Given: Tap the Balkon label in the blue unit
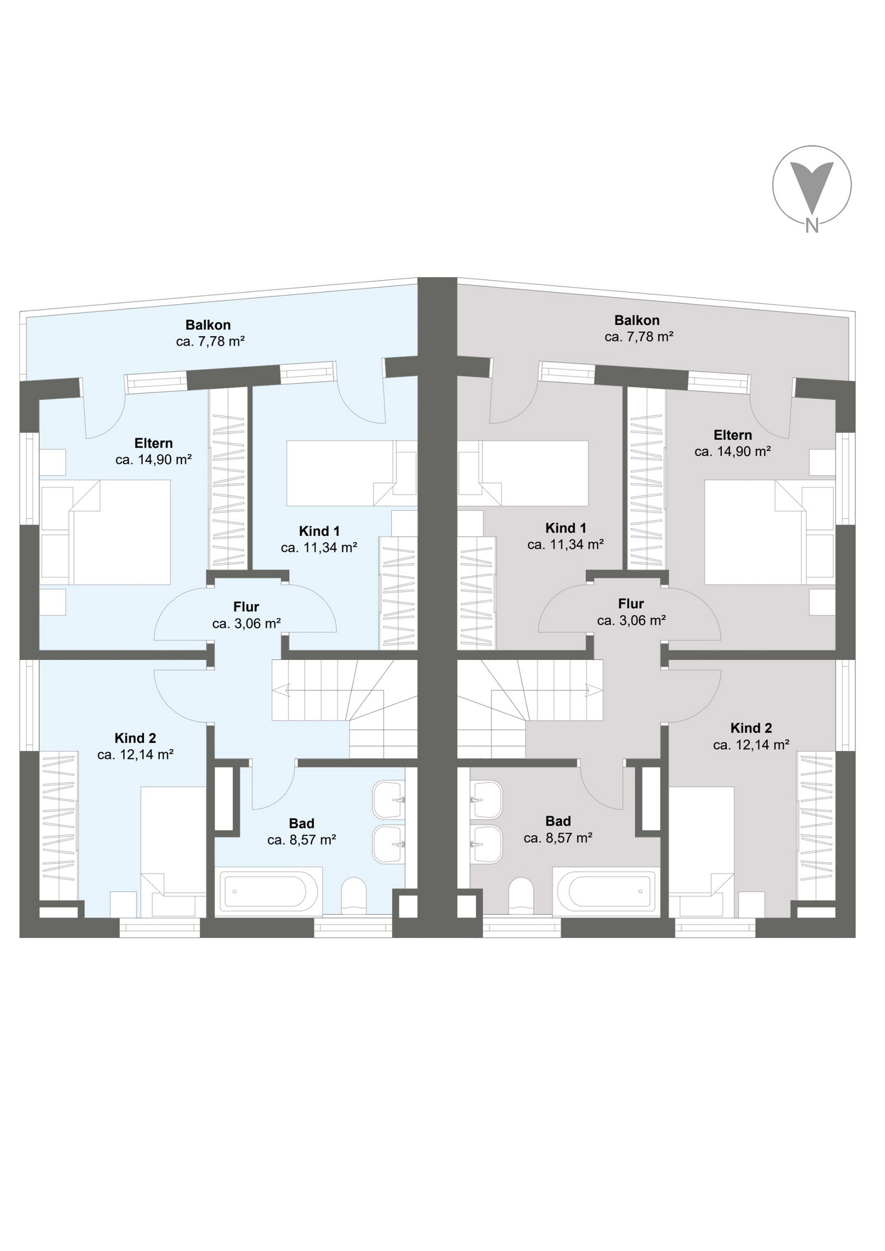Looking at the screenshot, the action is [x=208, y=325].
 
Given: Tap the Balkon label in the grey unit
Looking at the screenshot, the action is [x=637, y=320].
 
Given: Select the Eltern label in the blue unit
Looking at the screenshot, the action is [x=154, y=443].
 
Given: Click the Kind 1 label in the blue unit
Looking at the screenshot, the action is [x=319, y=531].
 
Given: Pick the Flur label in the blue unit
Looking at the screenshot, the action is [x=247, y=607].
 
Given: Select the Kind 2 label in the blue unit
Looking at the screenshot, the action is [x=135, y=738].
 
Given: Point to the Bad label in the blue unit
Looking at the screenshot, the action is [x=302, y=824].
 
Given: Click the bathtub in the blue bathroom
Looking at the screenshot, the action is [x=271, y=891].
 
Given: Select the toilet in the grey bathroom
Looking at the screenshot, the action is [x=521, y=895].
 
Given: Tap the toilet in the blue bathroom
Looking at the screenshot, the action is [x=354, y=895].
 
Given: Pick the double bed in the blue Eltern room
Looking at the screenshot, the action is [x=106, y=532].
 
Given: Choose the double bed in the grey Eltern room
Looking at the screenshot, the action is [x=770, y=532].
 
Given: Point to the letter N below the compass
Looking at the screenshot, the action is [x=812, y=226].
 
